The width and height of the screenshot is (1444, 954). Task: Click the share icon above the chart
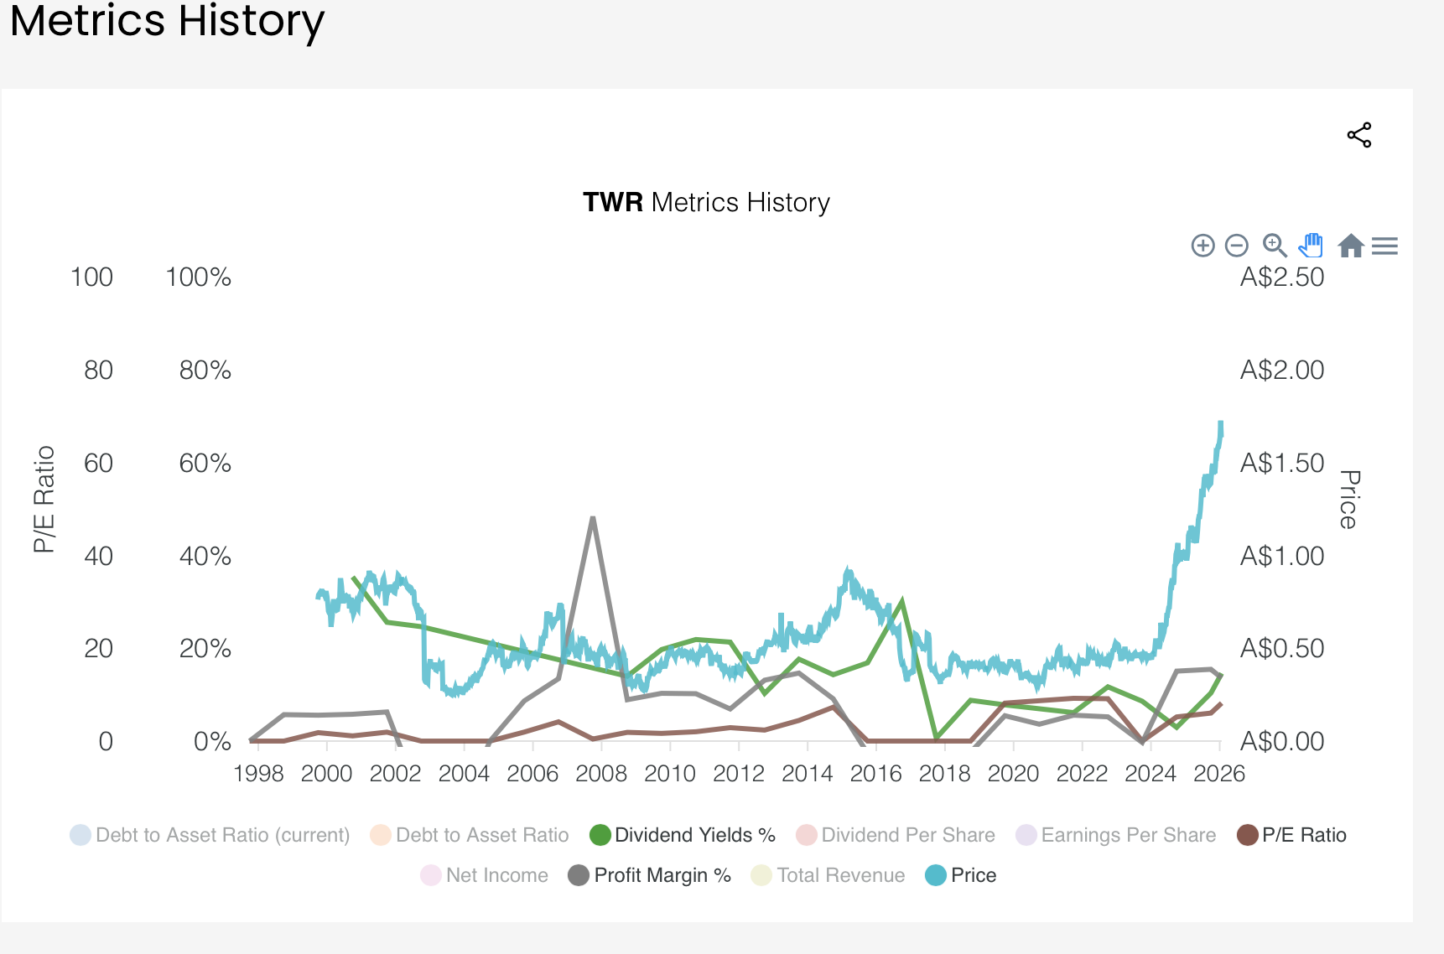[1358, 135]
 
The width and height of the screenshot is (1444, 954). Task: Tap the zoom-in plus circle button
[1202, 246]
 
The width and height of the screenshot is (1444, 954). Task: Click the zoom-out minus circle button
[1236, 246]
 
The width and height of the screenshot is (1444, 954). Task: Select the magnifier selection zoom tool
[1274, 245]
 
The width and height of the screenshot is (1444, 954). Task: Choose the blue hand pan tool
[1311, 245]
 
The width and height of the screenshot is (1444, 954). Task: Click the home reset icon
[1350, 246]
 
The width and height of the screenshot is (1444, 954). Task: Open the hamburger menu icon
[1384, 246]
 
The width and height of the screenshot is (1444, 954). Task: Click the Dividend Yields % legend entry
[683, 835]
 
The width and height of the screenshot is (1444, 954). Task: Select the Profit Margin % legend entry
[650, 875]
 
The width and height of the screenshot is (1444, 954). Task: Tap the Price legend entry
[961, 875]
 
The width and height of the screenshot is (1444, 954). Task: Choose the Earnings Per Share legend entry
[1116, 835]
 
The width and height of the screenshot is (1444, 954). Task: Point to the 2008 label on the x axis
[601, 773]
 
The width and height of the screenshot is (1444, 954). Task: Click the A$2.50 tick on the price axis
[1281, 277]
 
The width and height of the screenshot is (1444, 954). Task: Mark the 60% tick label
[205, 463]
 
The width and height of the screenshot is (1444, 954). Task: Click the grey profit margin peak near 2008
[593, 519]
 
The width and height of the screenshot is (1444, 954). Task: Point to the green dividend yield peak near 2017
[901, 600]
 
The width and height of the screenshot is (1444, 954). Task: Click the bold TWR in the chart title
[613, 203]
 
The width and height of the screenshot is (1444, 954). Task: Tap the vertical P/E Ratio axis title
[44, 499]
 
